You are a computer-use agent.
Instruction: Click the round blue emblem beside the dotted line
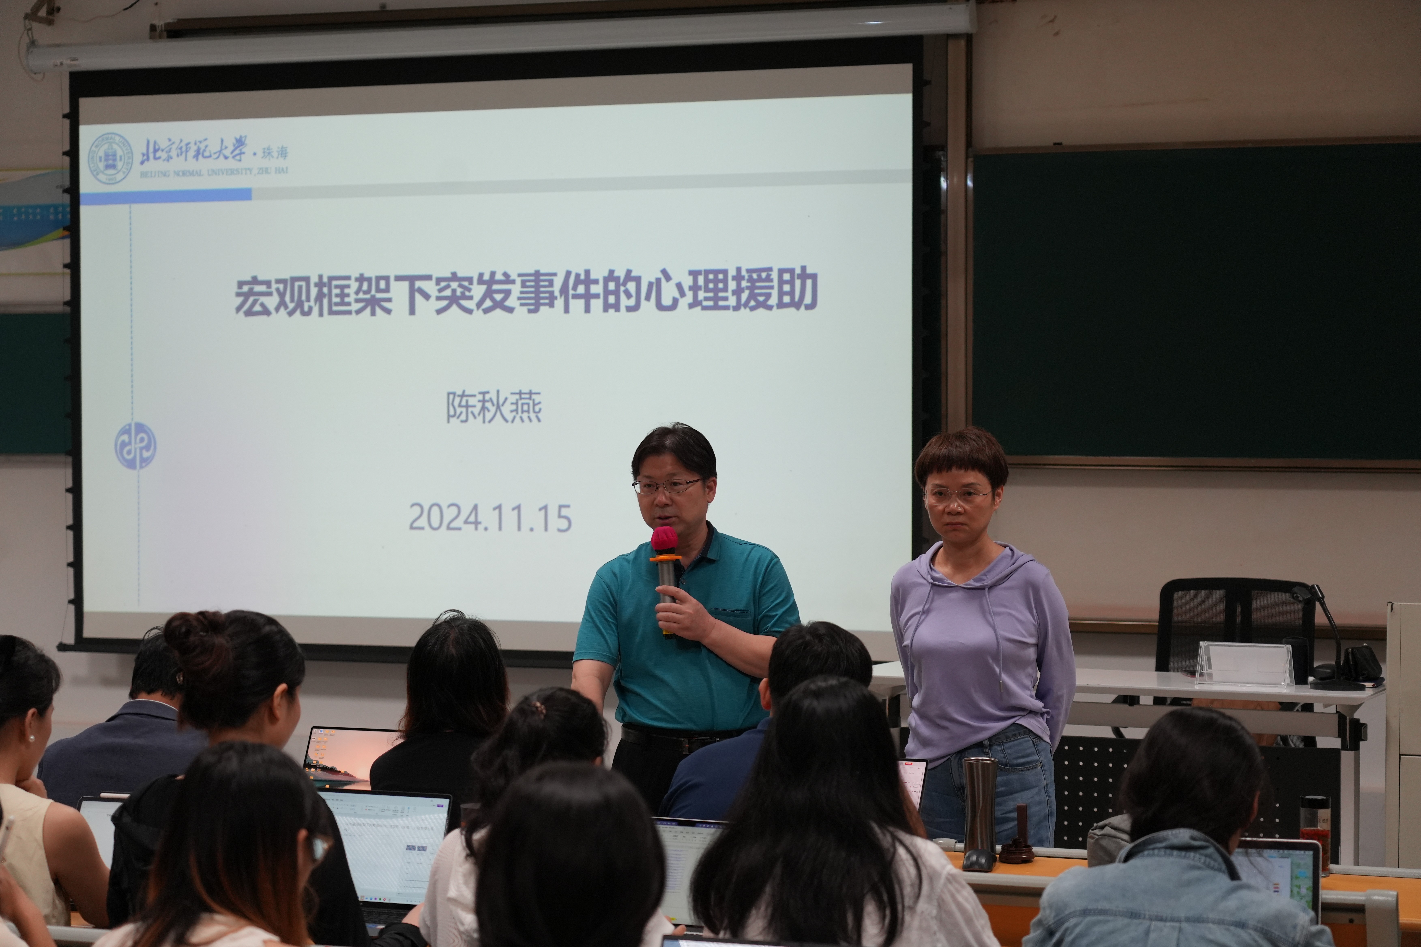135,446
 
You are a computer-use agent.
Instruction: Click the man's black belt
677,738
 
